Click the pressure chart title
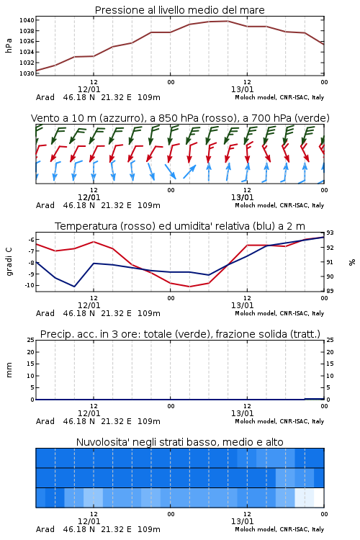point(179,10)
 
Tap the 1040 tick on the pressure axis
point(27,20)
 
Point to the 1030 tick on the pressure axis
point(27,73)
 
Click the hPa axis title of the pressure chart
point(9,45)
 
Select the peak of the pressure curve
point(228,21)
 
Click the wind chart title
point(180,118)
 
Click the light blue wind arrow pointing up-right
point(189,171)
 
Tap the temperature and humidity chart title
point(180,226)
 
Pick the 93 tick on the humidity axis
point(330,233)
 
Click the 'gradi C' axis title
point(9,262)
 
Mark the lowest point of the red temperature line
point(189,287)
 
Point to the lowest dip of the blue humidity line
point(74,287)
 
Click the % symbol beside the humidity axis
point(352,262)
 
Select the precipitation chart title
point(180,334)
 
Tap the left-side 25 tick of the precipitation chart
point(31,340)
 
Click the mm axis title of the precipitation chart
point(9,370)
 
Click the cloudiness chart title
point(180,442)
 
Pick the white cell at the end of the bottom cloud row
point(319,498)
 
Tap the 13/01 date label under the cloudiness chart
point(242,521)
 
